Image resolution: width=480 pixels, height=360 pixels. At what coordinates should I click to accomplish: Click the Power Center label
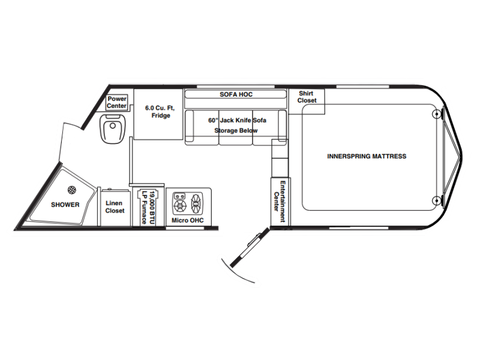116,102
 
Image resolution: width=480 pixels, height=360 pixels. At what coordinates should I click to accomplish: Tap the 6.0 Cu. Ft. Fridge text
160,112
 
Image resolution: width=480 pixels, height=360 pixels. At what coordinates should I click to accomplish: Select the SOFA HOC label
236,94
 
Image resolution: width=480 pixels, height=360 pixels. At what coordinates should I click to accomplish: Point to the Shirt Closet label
307,97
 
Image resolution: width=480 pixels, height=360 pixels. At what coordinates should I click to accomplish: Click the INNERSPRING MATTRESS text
367,156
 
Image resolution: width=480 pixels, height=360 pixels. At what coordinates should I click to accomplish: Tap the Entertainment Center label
280,202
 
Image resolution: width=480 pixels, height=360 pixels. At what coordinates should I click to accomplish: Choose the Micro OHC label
187,220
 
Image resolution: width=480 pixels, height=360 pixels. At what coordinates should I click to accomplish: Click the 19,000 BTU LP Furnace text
148,207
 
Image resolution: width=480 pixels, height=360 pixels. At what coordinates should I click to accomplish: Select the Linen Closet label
115,207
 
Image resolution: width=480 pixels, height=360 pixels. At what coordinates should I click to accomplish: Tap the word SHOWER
65,205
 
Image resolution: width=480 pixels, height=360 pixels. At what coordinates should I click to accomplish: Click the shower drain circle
71,190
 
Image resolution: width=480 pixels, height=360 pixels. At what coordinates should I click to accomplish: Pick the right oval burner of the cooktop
196,203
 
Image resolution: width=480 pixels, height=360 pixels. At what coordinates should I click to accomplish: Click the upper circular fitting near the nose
436,114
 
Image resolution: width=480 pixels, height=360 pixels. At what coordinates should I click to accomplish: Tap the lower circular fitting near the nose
436,201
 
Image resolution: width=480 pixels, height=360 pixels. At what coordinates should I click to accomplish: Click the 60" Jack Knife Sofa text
237,121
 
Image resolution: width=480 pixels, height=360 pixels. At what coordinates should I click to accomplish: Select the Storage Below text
236,130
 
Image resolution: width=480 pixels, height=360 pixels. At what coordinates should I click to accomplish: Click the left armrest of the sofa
190,126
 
